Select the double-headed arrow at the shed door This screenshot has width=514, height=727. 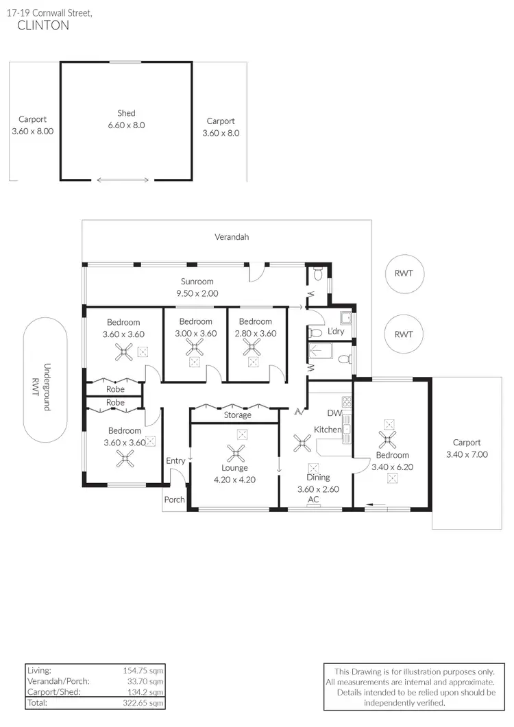(x=123, y=180)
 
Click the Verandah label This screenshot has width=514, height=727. (x=232, y=237)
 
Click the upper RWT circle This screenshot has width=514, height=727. (x=404, y=273)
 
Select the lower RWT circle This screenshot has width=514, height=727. (x=404, y=334)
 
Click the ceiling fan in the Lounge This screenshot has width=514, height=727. (x=236, y=452)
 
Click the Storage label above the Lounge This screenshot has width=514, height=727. (x=237, y=415)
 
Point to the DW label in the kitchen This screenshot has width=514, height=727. (x=334, y=414)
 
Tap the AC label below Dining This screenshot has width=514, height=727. (x=313, y=500)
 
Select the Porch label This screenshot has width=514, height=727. (x=174, y=500)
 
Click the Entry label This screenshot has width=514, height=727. (x=175, y=461)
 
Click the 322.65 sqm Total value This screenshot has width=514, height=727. (x=143, y=703)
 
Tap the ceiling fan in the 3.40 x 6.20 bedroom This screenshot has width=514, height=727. (x=388, y=439)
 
